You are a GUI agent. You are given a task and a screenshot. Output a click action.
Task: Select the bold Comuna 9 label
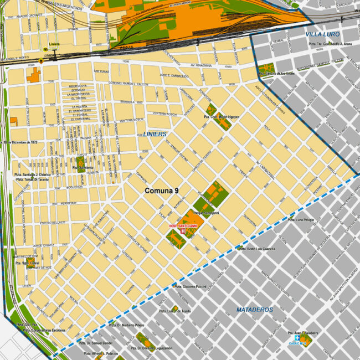click(x=161, y=191)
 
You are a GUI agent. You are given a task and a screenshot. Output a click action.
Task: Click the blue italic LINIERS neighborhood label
click(x=155, y=135)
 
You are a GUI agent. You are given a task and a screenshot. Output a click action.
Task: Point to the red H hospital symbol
click(x=182, y=233)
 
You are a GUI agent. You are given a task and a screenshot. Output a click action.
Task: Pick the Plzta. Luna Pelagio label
click(x=301, y=220)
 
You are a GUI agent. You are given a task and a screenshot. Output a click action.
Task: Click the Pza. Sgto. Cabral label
click(x=26, y=262)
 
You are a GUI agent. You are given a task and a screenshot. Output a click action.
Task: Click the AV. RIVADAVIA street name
click(x=200, y=65)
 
